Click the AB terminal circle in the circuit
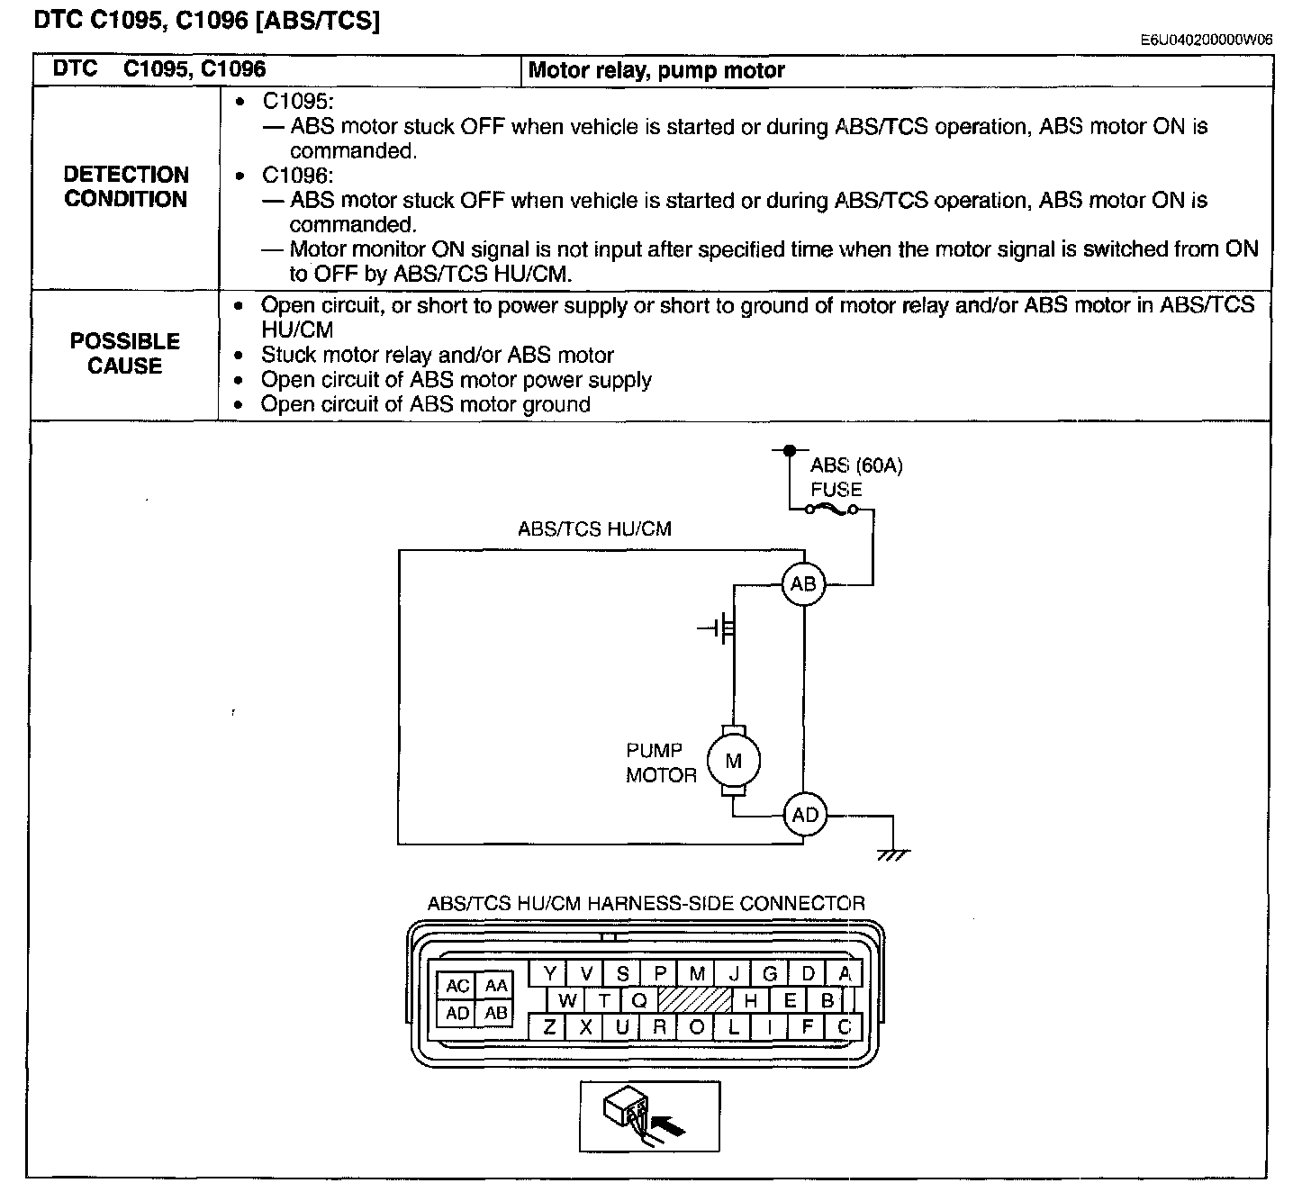point(803,583)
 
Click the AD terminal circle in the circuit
point(804,814)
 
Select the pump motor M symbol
point(733,761)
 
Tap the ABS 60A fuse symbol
point(831,509)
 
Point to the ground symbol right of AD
point(892,854)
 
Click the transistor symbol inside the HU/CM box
point(719,628)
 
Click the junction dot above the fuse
point(790,450)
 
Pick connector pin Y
point(549,973)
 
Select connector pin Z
point(549,1027)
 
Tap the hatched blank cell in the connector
point(695,1000)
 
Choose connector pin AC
point(457,985)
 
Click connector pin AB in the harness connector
point(494,1013)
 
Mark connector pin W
point(566,1000)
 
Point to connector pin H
point(750,1000)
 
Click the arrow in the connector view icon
point(668,1126)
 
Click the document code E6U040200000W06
point(1207,40)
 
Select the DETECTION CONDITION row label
point(126,186)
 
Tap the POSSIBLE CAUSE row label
point(125,353)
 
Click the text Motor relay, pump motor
point(656,70)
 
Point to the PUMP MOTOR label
point(661,763)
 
